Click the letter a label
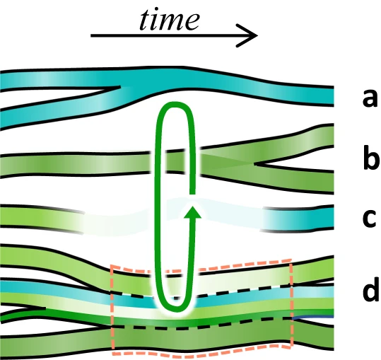click(x=370, y=98)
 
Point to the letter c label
click(x=370, y=218)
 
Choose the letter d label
click(x=370, y=289)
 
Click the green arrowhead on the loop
click(x=192, y=212)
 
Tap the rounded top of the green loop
click(x=175, y=105)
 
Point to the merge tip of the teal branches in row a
click(x=120, y=86)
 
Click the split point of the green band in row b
click(x=254, y=164)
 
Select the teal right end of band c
click(x=298, y=218)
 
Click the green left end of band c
click(x=41, y=218)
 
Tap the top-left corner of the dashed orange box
click(x=112, y=266)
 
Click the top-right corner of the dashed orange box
click(x=291, y=260)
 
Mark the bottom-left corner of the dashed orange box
click(x=113, y=349)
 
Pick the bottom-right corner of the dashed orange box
click(x=292, y=346)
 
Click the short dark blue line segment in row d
click(x=313, y=317)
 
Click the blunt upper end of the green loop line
click(x=192, y=193)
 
